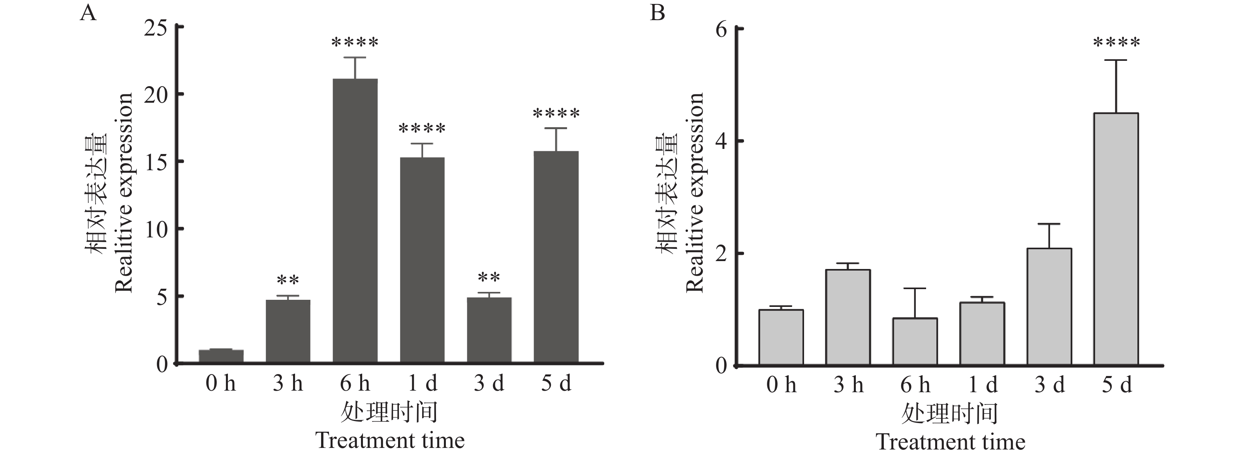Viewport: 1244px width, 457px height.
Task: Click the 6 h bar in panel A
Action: coord(355,220)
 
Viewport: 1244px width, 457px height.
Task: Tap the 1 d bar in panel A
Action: coord(422,260)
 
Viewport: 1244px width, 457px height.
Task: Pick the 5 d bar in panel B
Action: coord(1116,239)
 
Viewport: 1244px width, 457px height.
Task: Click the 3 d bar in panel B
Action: coord(1049,307)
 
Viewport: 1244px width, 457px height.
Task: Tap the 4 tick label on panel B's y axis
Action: coord(721,141)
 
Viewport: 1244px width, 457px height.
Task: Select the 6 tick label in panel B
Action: coord(721,30)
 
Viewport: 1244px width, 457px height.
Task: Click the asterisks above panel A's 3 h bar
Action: coord(288,280)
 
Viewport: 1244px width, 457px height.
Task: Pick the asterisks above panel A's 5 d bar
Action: coord(556,115)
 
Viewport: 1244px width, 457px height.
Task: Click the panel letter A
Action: coord(88,13)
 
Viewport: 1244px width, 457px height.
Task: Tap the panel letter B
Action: coord(657,13)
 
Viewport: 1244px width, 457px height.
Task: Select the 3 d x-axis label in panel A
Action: coord(489,384)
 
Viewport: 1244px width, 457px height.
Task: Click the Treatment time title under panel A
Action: coord(390,440)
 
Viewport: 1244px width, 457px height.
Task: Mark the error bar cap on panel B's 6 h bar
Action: coord(915,288)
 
